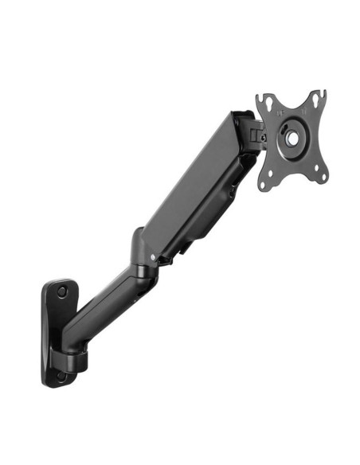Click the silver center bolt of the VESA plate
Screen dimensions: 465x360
click(292, 138)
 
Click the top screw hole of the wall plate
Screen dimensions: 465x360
click(62, 291)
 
